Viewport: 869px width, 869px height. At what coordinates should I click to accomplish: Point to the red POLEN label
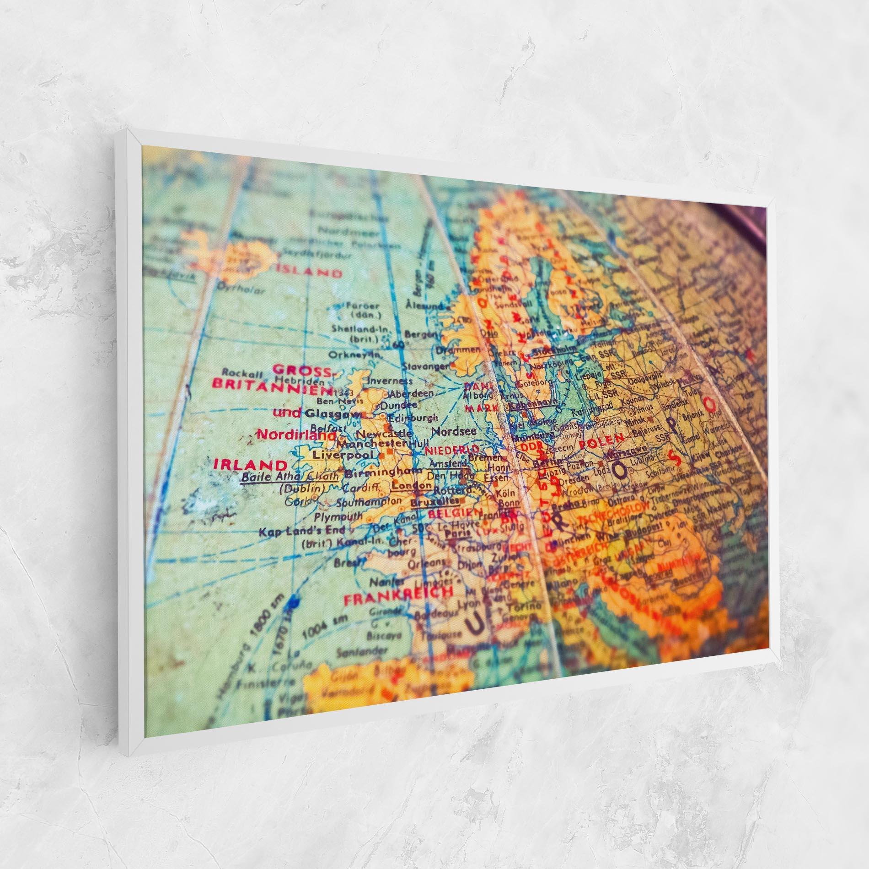(x=601, y=442)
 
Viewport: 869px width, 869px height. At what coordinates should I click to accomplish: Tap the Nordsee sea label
(x=454, y=431)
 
